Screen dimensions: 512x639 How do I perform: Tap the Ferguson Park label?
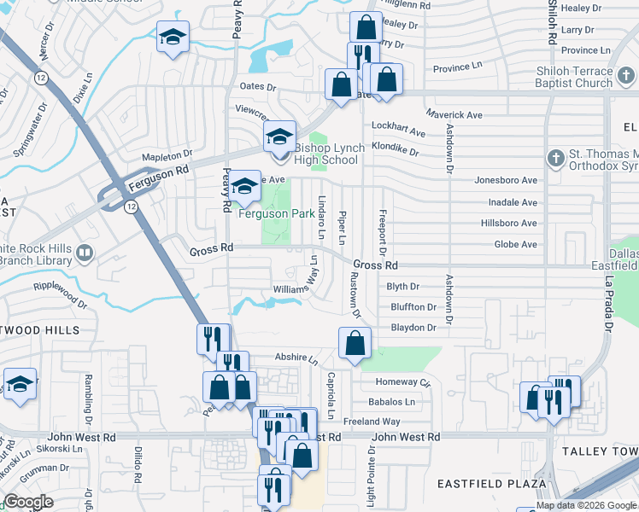click(277, 213)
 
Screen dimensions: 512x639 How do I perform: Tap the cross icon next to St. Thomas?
click(556, 158)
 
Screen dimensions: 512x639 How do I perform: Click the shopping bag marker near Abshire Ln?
click(355, 343)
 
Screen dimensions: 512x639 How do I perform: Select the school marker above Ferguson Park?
click(244, 186)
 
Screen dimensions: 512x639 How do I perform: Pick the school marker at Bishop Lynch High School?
click(279, 137)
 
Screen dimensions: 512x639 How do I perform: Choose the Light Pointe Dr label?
click(371, 483)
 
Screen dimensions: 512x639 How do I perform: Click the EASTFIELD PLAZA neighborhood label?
click(491, 483)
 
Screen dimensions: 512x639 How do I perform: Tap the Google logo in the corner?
click(28, 502)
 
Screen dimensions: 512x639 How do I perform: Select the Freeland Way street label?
click(372, 422)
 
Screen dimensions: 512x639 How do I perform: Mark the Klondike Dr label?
click(395, 152)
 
